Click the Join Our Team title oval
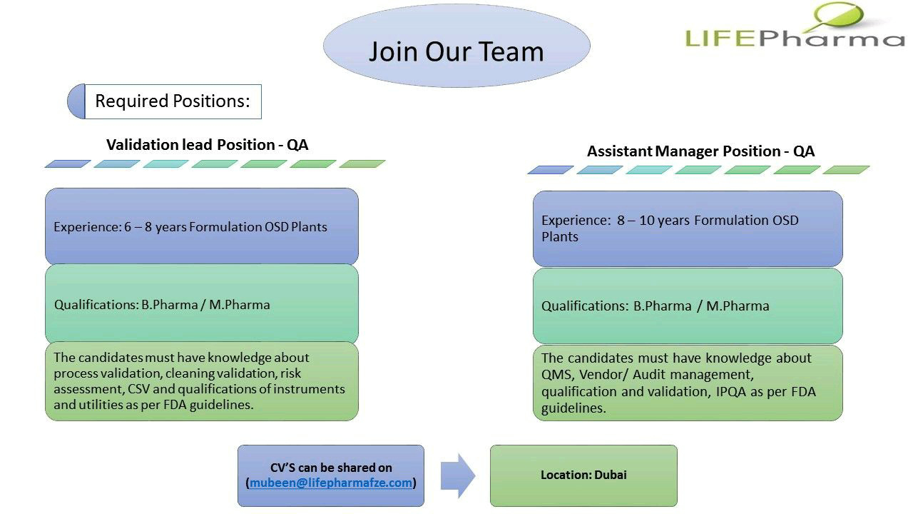[456, 46]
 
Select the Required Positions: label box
[173, 101]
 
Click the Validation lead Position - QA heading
[207, 145]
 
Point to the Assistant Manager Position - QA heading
[700, 151]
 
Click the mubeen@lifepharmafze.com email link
[331, 483]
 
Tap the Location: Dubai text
[583, 475]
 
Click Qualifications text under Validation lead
[162, 305]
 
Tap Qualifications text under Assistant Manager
[655, 306]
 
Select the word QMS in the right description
[554, 375]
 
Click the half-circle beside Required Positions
[76, 101]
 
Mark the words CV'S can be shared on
[331, 468]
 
